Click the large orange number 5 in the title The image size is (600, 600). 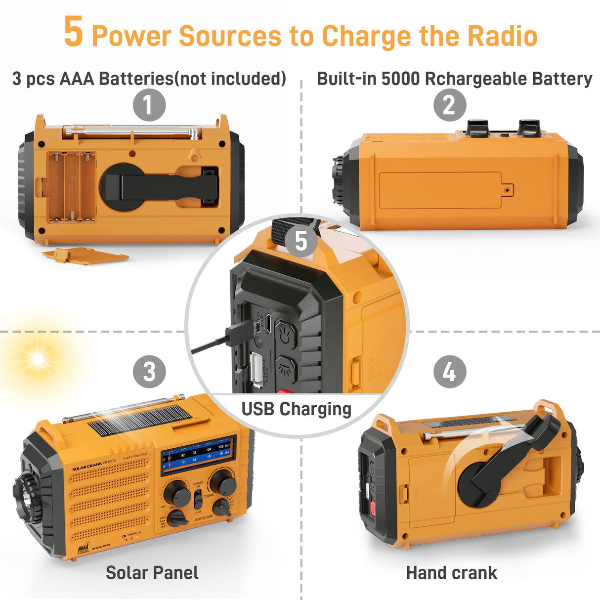coord(74,32)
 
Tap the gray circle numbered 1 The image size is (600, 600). coord(149,105)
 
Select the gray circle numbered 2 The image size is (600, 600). coord(449,105)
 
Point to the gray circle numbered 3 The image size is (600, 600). coord(149,372)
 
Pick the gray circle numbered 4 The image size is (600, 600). coord(449,372)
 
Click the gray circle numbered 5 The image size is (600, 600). coord(301,241)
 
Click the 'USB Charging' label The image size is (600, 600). coord(296,409)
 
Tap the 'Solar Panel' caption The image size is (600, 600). coord(152,573)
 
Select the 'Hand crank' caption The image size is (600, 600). coord(451,573)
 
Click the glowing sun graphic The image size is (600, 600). coord(38,359)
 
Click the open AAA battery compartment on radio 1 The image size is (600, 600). coord(72,186)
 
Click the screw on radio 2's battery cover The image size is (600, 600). coord(507,190)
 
